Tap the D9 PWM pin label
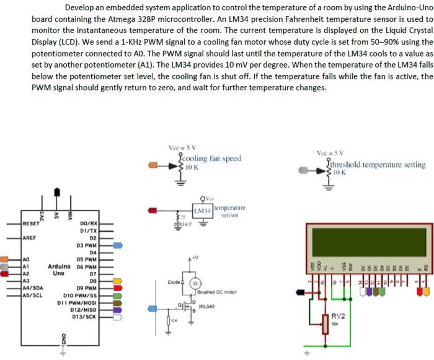pos(87,289)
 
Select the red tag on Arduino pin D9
pos(118,289)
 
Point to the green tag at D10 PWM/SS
pos(118,296)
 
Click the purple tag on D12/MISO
pos(118,310)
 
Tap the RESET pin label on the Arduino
pos(30,223)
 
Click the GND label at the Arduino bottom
pos(62,341)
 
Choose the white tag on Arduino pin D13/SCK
pos(118,317)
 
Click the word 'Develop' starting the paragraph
pos(79,8)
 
